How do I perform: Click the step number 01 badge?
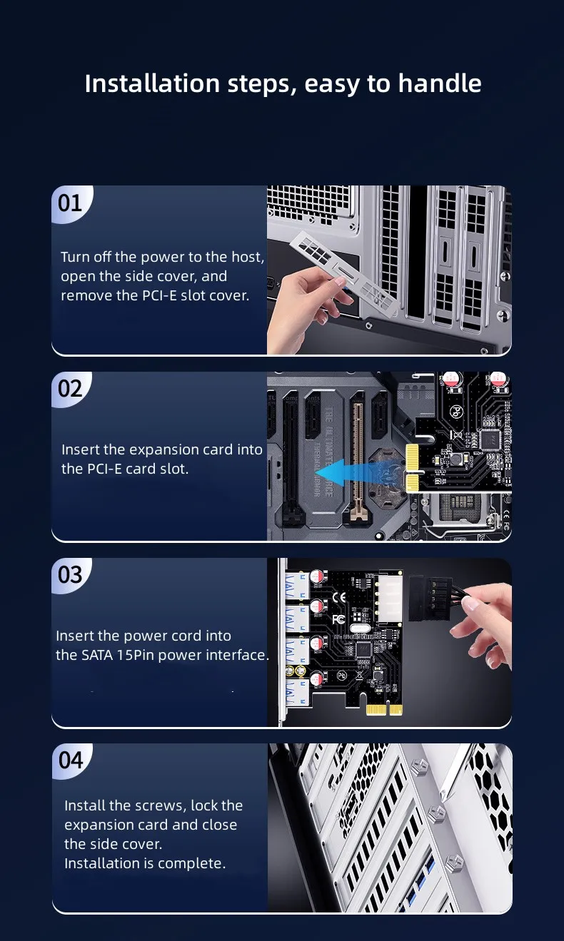pos(70,203)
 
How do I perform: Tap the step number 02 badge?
pos(70,389)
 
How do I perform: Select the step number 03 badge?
pos(70,575)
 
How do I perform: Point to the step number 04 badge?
pos(71,761)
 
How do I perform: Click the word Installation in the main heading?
pos(152,83)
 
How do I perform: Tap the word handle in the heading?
pos(440,83)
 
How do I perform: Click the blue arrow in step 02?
pos(359,473)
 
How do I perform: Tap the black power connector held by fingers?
pos(430,599)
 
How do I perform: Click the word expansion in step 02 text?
pos(164,450)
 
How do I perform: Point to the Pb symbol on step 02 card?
pos(455,412)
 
